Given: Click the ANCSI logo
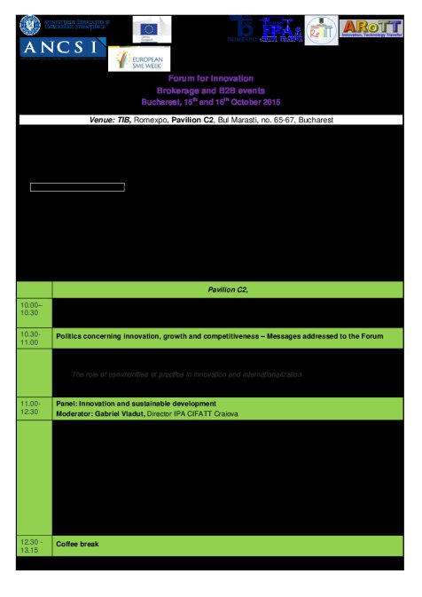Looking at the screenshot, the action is click(x=62, y=47).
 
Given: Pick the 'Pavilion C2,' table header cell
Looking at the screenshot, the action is click(x=228, y=290).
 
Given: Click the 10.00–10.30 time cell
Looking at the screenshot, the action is click(x=34, y=309).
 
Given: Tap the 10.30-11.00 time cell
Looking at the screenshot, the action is click(x=34, y=338).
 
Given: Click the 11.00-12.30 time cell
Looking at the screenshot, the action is click(x=34, y=408).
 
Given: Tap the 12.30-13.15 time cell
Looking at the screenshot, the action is click(x=34, y=546).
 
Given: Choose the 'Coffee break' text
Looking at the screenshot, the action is click(x=78, y=543).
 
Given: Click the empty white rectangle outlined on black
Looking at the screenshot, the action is click(x=77, y=187).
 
